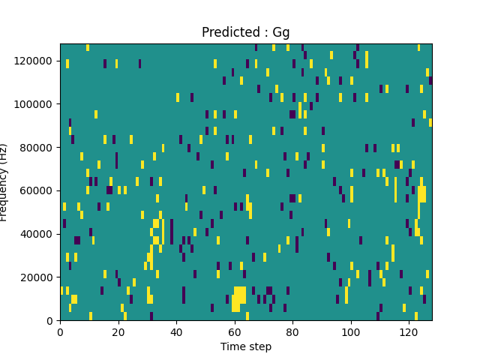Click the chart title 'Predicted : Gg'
coord(245,33)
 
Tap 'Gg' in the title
coord(280,33)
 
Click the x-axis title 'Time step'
coord(245,346)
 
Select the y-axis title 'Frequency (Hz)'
coord(4,182)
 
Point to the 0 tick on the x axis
coord(60,331)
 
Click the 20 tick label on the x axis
coord(118,331)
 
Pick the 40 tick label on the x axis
coord(176,331)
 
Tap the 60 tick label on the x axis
coord(235,331)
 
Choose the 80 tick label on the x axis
coord(292,331)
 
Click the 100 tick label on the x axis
coord(350,331)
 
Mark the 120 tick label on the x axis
coord(409,331)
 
